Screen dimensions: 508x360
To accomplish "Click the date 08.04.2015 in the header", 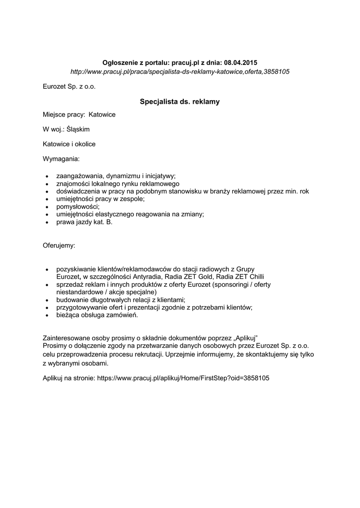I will pos(241,63).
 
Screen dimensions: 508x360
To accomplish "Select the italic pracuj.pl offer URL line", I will pos(180,72).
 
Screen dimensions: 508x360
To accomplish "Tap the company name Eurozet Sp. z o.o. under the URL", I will pos(69,87).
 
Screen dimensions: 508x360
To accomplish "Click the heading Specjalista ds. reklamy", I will pos(180,102).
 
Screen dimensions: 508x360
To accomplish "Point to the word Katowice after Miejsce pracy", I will pos(102,115).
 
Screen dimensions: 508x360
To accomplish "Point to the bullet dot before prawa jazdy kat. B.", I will pos(47,222).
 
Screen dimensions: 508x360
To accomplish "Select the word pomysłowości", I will pos(77,206).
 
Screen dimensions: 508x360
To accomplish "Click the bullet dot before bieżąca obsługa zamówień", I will pos(47,315).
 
